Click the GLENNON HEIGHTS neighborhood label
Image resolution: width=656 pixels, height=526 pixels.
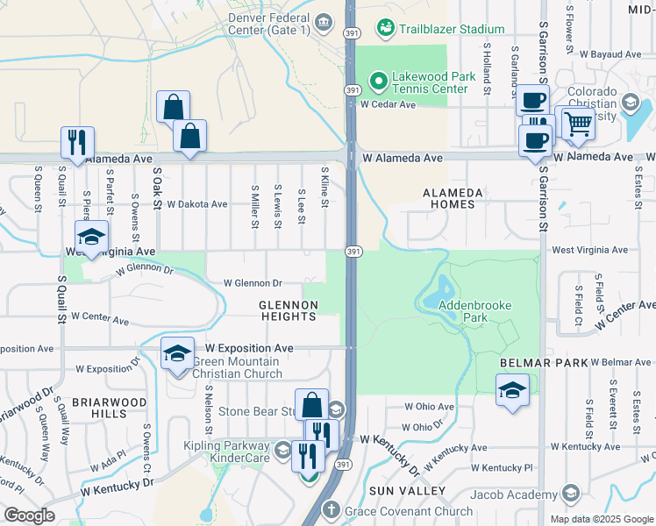point(287,310)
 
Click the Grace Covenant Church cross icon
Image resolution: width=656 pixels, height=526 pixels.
point(332,509)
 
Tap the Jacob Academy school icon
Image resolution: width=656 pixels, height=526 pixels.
point(572,493)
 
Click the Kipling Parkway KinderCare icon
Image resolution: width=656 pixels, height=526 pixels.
point(282,451)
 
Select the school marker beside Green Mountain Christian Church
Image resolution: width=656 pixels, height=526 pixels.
point(177,353)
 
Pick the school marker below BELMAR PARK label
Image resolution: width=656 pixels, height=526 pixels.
point(512,390)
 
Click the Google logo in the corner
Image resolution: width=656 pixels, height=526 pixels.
point(29,515)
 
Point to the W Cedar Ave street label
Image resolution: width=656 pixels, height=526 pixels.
point(388,104)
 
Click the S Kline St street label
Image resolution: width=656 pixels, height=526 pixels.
point(324,188)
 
